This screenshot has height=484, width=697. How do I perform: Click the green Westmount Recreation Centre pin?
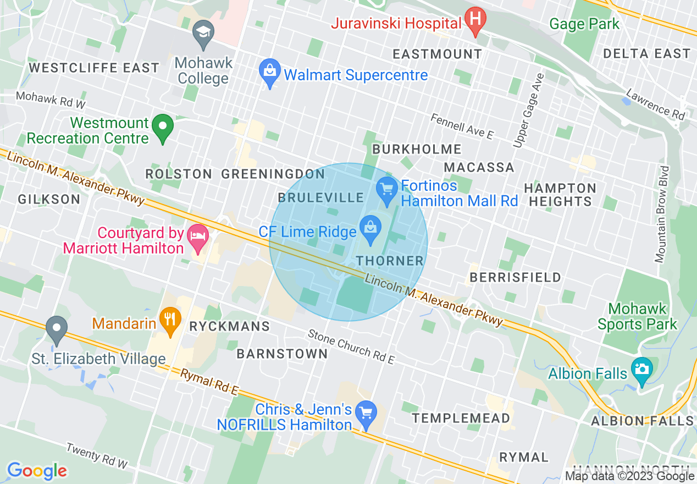[x=162, y=127]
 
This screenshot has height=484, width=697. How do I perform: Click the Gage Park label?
[x=584, y=24]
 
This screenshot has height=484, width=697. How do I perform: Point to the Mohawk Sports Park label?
[x=637, y=316]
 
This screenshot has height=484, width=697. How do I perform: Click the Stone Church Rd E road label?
[x=351, y=346]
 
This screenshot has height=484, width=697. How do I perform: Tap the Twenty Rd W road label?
[x=97, y=456]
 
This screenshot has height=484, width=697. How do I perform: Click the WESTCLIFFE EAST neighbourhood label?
[x=94, y=68]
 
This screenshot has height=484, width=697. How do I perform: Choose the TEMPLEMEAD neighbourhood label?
[x=461, y=419]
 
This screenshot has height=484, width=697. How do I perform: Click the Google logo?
[x=37, y=471]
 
